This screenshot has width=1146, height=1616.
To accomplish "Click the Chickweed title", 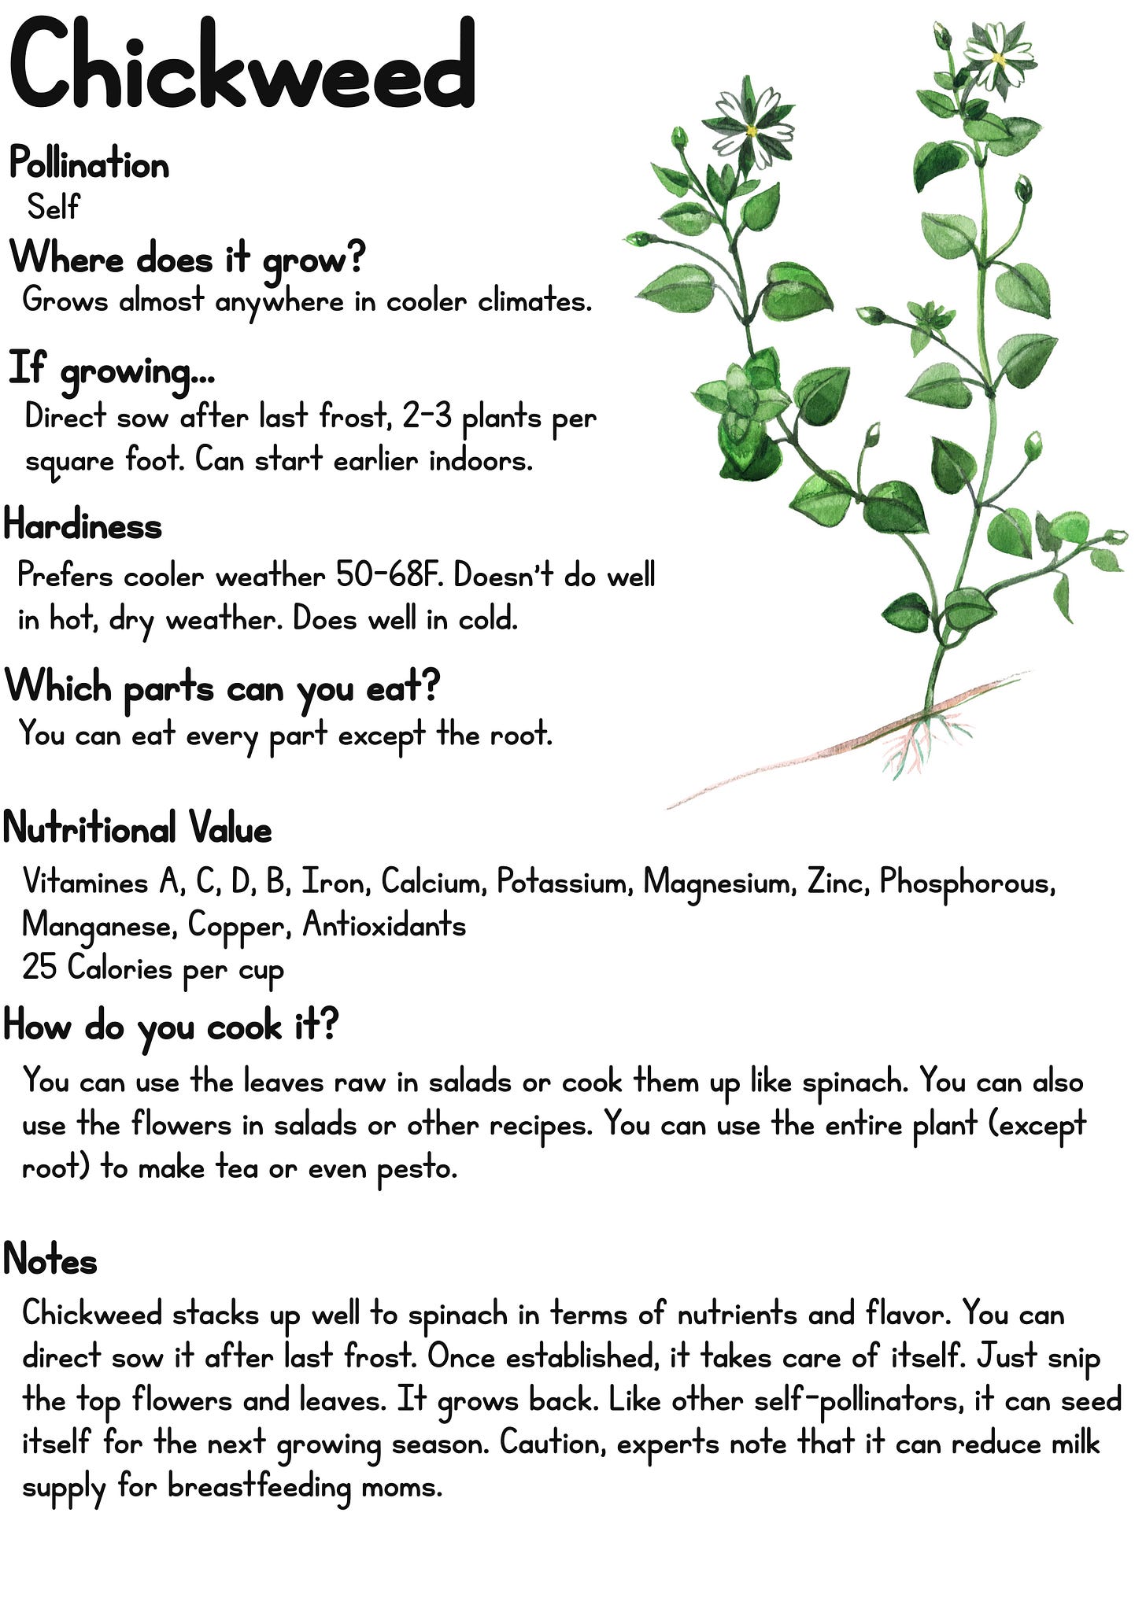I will pos(242,65).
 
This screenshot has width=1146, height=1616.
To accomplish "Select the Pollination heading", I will pos(89,165).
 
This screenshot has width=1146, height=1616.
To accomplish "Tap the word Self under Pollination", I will pos(53,207).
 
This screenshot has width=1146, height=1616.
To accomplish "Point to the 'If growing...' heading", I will pos(111,370).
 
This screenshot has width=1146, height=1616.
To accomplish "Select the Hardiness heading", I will pos(83,526).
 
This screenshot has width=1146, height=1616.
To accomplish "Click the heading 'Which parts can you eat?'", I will pos(222,688).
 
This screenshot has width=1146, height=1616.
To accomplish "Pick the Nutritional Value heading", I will pos(138,828).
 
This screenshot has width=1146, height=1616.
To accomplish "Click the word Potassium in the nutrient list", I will pos(564,883).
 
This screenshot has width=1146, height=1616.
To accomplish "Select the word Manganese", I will pos(99,926).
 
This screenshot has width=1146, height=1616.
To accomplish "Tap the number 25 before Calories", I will pos(39,967).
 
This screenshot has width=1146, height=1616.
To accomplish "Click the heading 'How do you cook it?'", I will pos(171,1026).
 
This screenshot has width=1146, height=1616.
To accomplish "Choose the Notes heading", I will pos(50,1260).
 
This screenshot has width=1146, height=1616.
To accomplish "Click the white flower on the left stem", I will pos(748,126).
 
